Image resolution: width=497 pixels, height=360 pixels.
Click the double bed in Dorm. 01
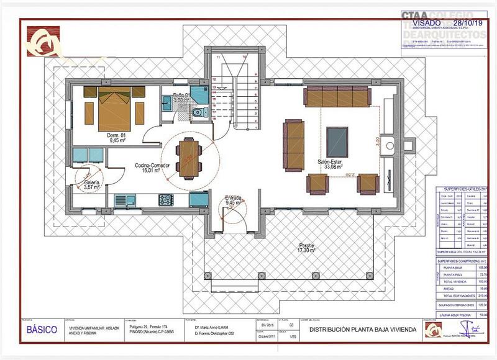(114, 110)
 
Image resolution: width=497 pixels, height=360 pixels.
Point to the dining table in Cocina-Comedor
(188, 158)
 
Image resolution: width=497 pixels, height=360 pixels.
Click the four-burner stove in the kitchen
(166, 199)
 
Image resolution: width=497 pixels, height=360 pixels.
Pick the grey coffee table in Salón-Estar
(337, 142)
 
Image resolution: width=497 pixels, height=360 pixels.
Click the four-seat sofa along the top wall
(337, 97)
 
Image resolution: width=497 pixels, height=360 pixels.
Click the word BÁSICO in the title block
(42, 330)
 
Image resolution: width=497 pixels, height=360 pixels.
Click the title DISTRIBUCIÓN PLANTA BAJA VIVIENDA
(360, 330)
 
